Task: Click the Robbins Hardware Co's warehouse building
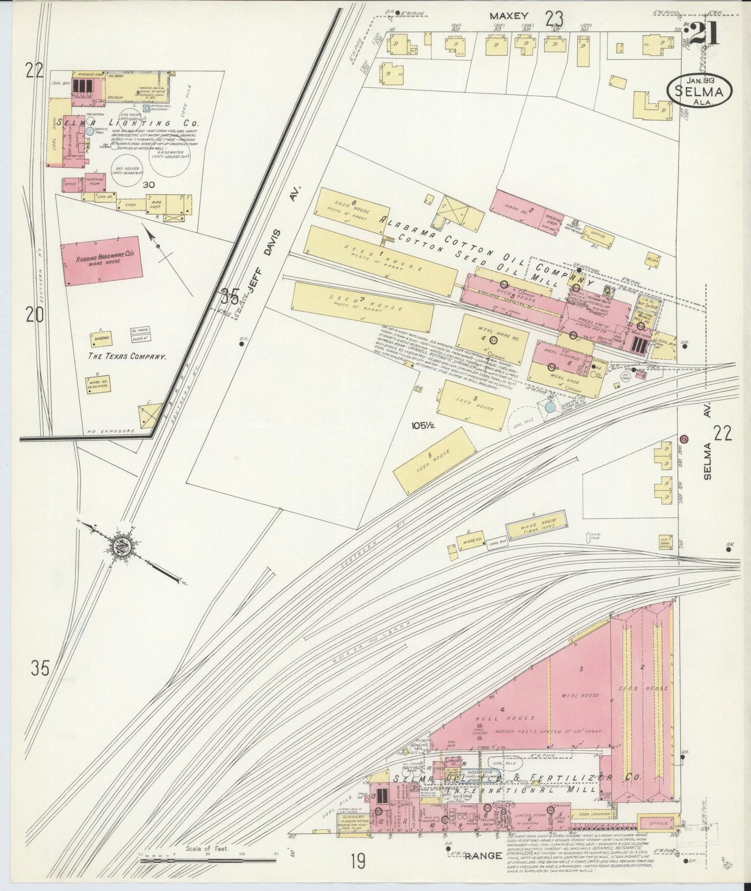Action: point(102,258)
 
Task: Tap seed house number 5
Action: point(473,404)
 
